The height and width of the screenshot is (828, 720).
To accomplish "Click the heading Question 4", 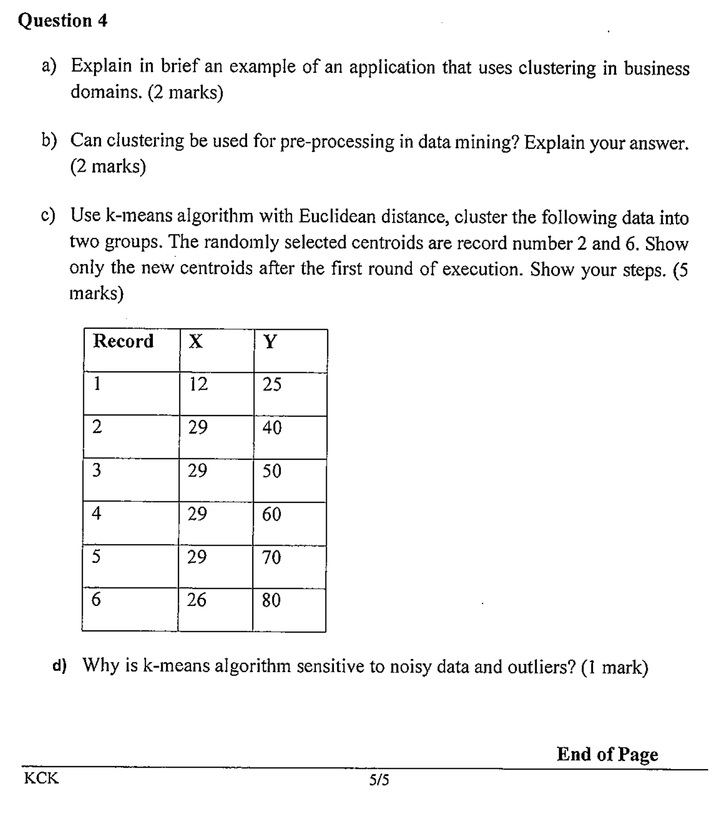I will coord(62,21).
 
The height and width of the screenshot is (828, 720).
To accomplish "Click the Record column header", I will coord(123,341).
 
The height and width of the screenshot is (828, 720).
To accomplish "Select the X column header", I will coord(196,342).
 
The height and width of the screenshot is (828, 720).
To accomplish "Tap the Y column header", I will coord(270,342).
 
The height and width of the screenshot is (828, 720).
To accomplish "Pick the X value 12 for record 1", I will coord(198,384).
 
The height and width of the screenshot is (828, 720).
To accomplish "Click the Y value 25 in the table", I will coord(272,385).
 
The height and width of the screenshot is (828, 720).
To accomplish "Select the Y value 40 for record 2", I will coord(272,428).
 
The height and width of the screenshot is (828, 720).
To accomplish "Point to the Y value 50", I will coord(272,471).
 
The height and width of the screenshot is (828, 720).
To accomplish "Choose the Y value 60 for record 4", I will coord(272,514).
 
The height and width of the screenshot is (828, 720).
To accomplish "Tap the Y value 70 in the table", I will coord(272,558).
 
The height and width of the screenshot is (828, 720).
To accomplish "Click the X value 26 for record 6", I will coord(197,600).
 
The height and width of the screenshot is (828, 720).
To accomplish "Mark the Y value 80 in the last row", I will coord(271,601).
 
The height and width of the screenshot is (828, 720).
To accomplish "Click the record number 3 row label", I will coord(96,471).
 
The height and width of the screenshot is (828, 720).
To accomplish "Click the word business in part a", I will coord(657,69).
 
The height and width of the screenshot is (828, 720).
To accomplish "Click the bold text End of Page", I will coord(607,754).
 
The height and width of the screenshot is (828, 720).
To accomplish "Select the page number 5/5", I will coord(379,780).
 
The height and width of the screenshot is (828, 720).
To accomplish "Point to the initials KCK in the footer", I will coord(42,779).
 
